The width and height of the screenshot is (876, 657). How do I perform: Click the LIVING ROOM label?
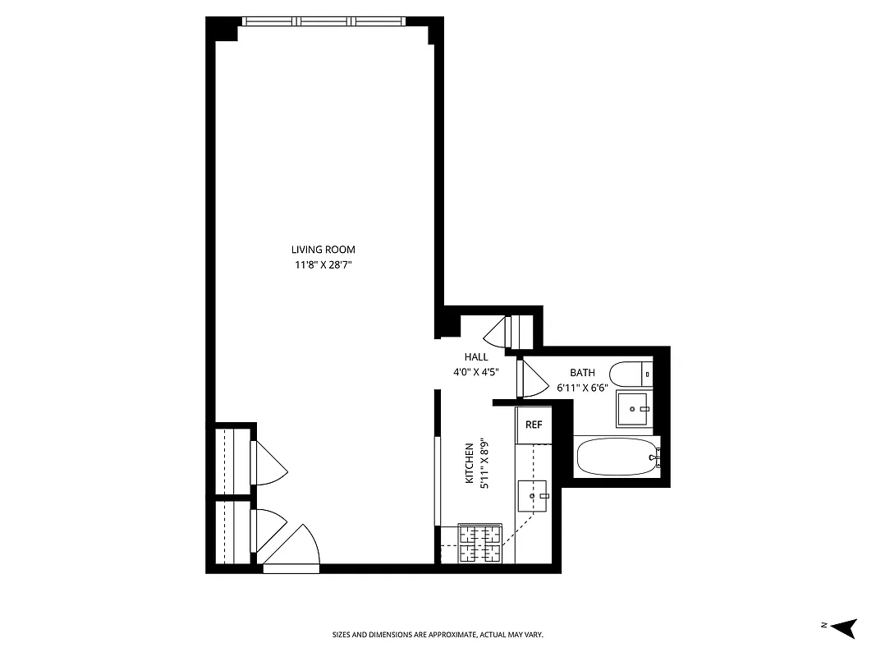click(x=323, y=250)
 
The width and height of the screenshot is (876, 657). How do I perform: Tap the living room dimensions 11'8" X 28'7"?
click(x=323, y=264)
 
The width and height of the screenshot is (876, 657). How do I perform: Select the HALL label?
click(x=476, y=357)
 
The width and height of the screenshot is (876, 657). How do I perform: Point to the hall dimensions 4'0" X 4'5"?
click(x=476, y=371)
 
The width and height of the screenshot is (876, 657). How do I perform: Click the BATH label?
click(x=582, y=373)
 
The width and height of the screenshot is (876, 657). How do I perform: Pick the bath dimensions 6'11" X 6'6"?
click(x=582, y=388)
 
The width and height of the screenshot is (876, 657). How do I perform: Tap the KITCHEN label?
click(x=470, y=464)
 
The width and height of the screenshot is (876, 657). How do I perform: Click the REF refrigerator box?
click(x=534, y=425)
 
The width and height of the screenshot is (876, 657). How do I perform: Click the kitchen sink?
click(x=532, y=496)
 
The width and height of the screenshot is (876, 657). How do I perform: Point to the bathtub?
click(x=616, y=457)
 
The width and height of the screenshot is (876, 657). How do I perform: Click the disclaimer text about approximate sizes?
click(x=438, y=635)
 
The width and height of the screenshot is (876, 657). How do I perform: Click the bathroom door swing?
click(x=533, y=379)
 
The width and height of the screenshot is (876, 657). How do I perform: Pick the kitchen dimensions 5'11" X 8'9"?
click(x=484, y=464)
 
